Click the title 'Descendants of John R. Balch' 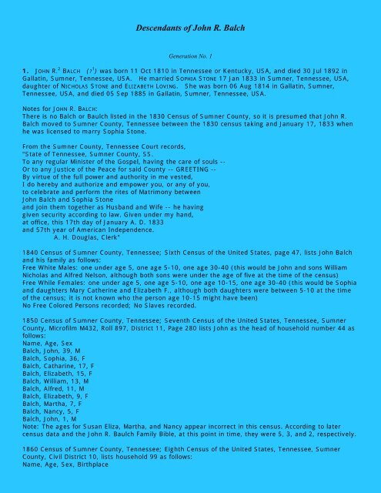190,28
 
